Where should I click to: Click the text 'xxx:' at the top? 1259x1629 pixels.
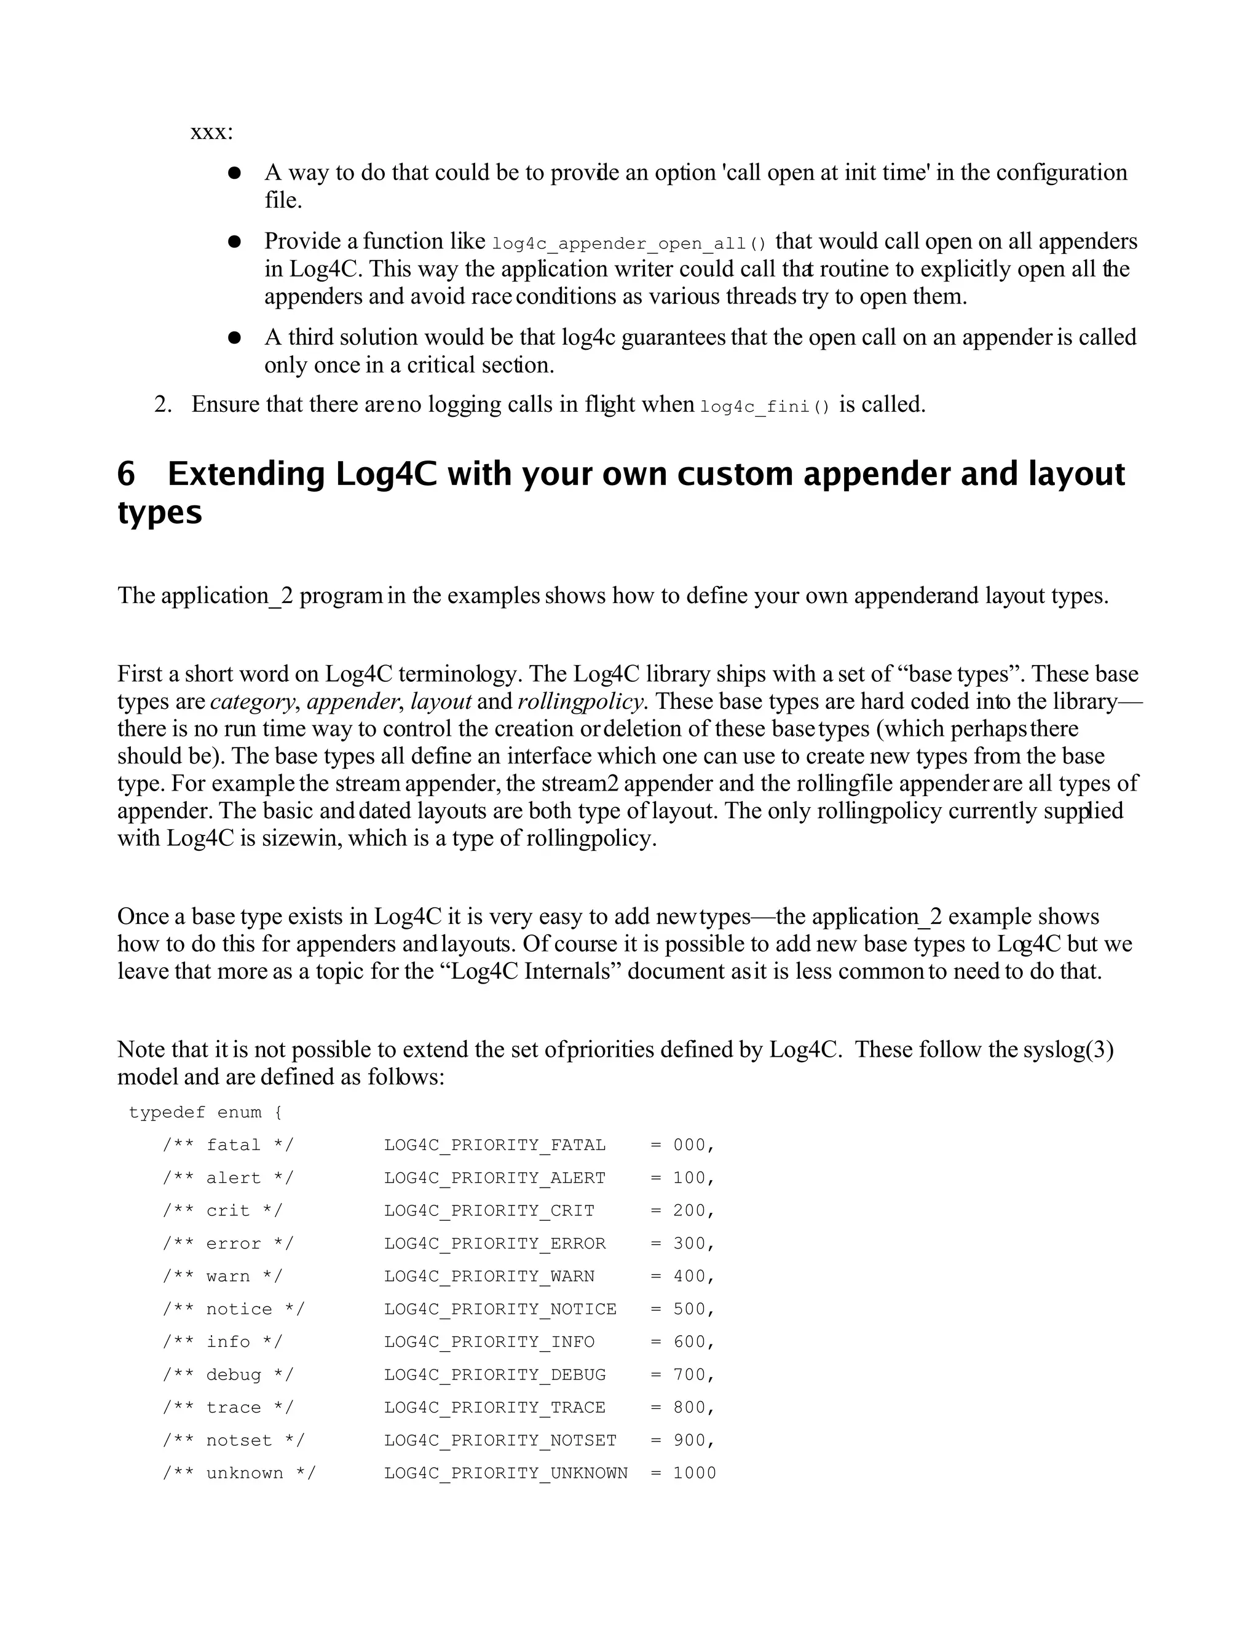point(212,133)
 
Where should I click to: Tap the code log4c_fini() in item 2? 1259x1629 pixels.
point(765,407)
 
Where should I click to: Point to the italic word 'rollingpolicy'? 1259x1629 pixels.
point(580,701)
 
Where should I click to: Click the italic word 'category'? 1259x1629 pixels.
point(253,701)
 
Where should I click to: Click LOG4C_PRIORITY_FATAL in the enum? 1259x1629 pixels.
point(494,1145)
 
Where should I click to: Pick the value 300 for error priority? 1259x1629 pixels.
point(689,1244)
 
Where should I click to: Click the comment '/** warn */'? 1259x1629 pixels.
point(223,1276)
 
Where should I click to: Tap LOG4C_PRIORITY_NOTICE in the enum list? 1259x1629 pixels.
point(500,1309)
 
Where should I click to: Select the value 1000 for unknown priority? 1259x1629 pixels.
point(693,1473)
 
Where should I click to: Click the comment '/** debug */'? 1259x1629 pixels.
point(227,1375)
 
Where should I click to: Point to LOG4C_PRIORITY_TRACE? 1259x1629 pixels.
point(494,1408)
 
